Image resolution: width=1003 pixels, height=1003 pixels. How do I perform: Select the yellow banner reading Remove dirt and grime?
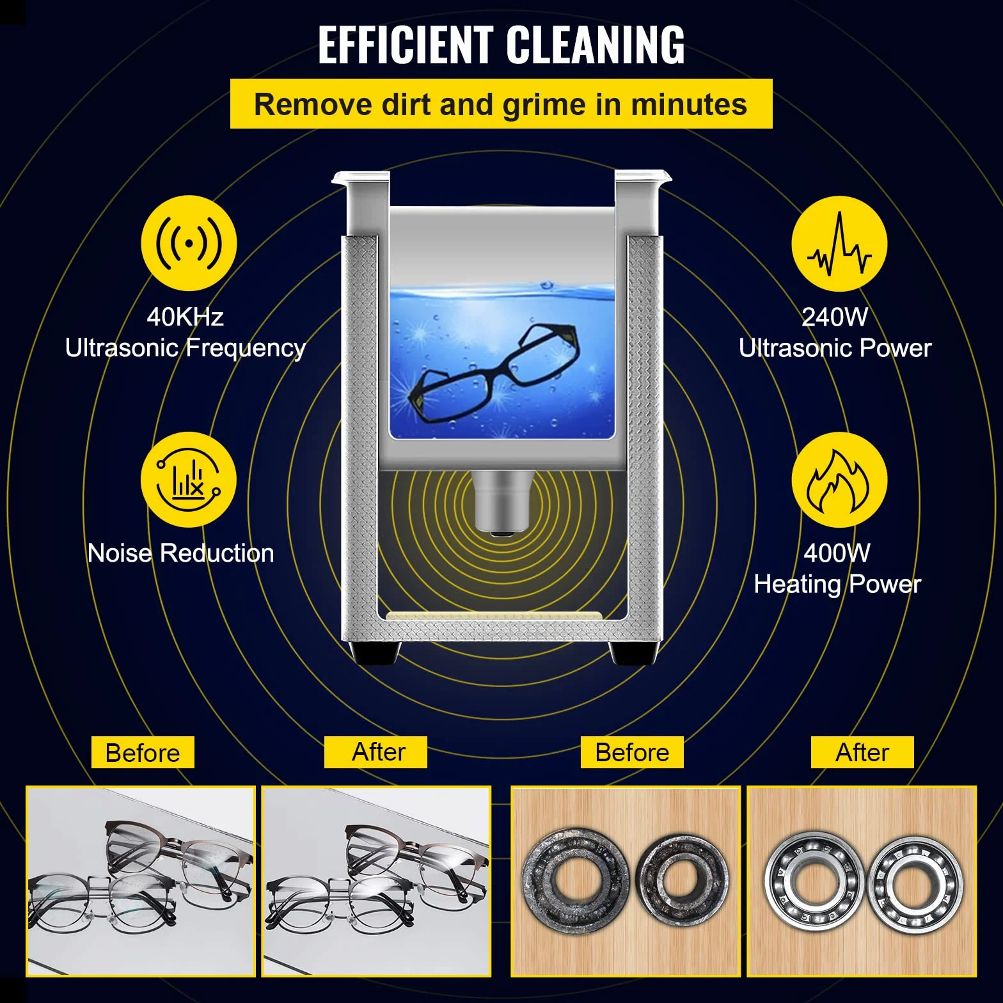coord(501,104)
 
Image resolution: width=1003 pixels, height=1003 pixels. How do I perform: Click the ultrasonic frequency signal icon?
coord(189,243)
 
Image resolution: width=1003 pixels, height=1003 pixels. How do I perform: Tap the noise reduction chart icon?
coord(189,480)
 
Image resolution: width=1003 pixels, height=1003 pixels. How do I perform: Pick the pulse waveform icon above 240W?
coord(839,244)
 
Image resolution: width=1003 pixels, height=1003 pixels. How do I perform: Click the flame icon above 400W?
coord(839,480)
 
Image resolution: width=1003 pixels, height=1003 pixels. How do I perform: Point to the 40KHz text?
coord(185,317)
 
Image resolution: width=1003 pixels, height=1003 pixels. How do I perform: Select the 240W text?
coord(835,317)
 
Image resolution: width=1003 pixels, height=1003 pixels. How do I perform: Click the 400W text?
coord(837,553)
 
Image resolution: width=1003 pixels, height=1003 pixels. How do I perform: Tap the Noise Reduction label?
coord(180,553)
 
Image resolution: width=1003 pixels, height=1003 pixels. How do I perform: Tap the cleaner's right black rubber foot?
coord(633,653)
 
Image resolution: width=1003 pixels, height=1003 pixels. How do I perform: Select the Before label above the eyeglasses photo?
coord(143,752)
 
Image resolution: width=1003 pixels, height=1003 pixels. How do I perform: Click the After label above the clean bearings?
coord(862,752)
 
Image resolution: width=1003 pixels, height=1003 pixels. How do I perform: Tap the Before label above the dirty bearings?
coord(632,752)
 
